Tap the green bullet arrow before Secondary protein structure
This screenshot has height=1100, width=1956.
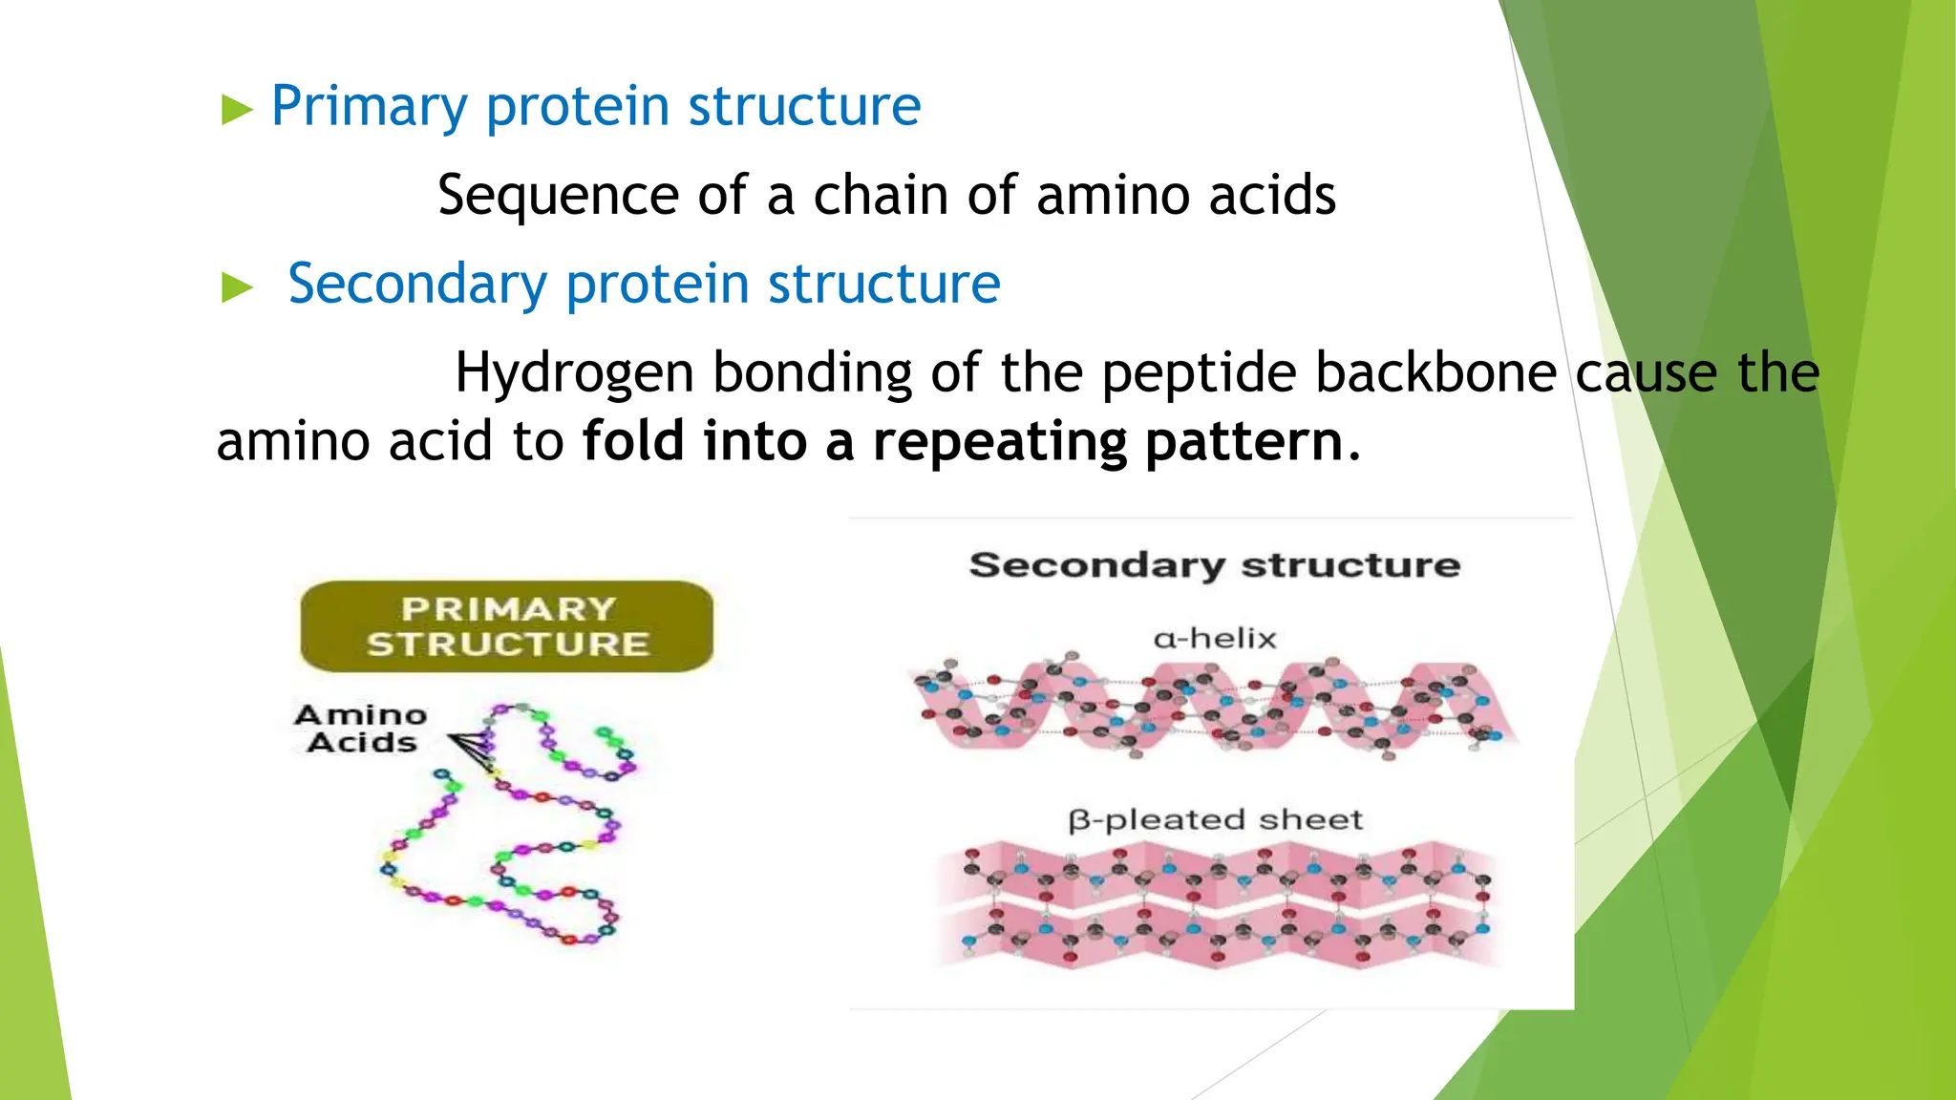[x=236, y=287]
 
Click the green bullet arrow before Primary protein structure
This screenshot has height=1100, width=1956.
[x=236, y=110]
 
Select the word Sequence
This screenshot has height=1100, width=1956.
[x=558, y=196]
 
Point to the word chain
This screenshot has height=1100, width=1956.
[x=881, y=196]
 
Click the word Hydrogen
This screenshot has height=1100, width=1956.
[x=573, y=372]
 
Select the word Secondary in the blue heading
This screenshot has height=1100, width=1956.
[x=416, y=284]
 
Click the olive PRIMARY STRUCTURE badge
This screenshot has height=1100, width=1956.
[x=507, y=626]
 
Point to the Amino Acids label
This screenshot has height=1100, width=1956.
[x=361, y=729]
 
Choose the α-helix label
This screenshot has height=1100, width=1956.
[x=1214, y=638]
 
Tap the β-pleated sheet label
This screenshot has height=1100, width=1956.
[x=1214, y=819]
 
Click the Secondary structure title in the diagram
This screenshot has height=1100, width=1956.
[x=1214, y=565]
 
